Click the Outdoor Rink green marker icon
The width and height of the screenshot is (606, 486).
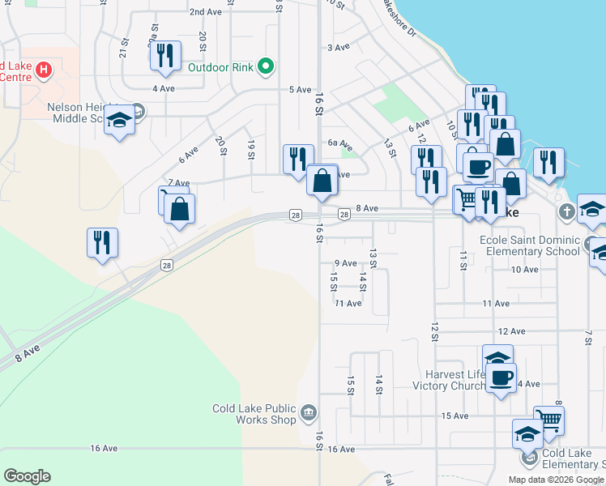point(266,67)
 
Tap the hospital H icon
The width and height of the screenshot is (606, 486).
point(44,70)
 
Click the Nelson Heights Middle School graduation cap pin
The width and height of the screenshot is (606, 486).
point(120,122)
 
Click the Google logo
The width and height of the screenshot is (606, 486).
point(27,476)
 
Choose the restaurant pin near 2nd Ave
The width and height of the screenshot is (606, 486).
point(164,55)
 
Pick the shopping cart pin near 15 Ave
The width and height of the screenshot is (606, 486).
point(548,420)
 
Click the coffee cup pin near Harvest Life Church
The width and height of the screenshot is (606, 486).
point(501,377)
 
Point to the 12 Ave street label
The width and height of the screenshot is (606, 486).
point(512,331)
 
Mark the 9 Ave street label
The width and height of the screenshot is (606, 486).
point(345,263)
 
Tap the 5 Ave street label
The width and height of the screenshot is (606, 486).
point(301,89)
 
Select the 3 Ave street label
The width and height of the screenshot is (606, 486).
point(338,48)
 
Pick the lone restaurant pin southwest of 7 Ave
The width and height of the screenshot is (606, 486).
point(102,241)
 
